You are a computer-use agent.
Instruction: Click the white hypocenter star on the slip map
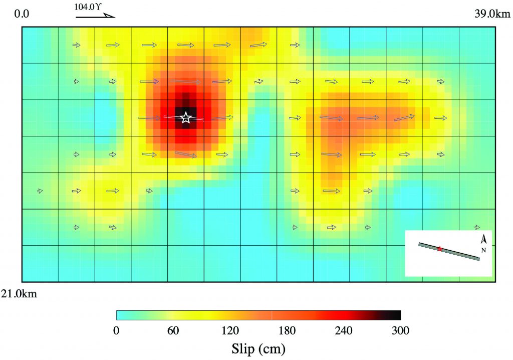click(186, 118)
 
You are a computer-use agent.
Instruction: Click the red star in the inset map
click(440, 249)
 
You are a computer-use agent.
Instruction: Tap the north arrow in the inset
click(484, 240)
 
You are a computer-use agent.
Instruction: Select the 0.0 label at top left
click(22, 14)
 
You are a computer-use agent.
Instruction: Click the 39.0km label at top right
click(492, 14)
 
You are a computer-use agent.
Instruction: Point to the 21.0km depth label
click(19, 294)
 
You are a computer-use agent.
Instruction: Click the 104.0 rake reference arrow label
click(91, 7)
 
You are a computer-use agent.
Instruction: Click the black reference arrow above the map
click(95, 16)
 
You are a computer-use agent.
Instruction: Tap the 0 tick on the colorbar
click(116, 330)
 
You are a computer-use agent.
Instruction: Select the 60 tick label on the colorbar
click(173, 330)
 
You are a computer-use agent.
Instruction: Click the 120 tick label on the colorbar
click(230, 330)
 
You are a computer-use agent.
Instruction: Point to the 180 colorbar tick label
click(287, 330)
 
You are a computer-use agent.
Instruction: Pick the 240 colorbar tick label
click(344, 330)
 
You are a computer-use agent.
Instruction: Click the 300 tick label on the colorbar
click(400, 330)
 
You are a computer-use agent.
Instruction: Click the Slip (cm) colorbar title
click(259, 347)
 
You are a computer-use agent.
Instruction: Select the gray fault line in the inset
click(461, 254)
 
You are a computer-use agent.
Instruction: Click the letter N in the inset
click(483, 250)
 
